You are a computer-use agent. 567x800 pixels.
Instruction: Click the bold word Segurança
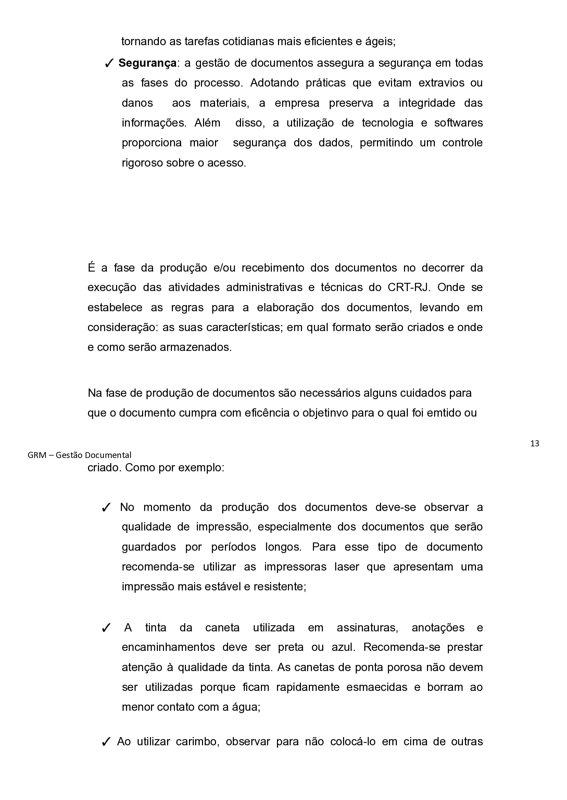(x=147, y=63)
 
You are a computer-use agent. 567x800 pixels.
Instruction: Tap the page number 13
(x=534, y=444)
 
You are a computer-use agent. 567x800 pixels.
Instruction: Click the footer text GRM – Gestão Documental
(x=79, y=455)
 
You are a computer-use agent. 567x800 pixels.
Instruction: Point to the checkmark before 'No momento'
(x=106, y=508)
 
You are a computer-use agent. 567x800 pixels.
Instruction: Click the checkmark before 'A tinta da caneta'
(x=106, y=628)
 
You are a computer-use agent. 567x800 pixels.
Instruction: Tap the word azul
(x=343, y=647)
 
